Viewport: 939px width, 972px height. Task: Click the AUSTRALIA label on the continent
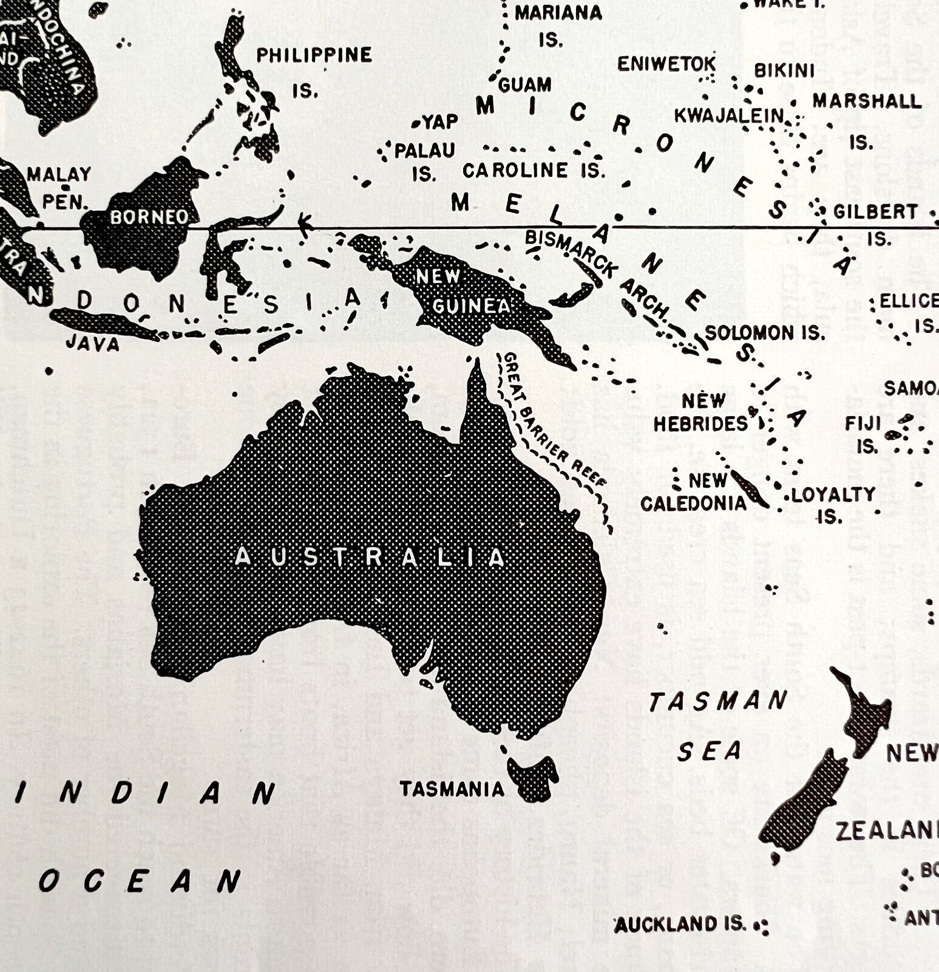coord(370,557)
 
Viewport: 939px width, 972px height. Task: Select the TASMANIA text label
coord(452,789)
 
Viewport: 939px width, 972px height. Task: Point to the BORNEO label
coord(149,217)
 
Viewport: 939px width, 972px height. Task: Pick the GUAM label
coord(525,84)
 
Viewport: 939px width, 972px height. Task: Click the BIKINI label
coord(784,71)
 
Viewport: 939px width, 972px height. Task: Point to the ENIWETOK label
coord(666,64)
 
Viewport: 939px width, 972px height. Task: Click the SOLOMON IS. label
coord(765,333)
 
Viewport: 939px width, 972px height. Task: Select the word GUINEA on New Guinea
coord(470,306)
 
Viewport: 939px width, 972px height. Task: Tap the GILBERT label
coord(875,212)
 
